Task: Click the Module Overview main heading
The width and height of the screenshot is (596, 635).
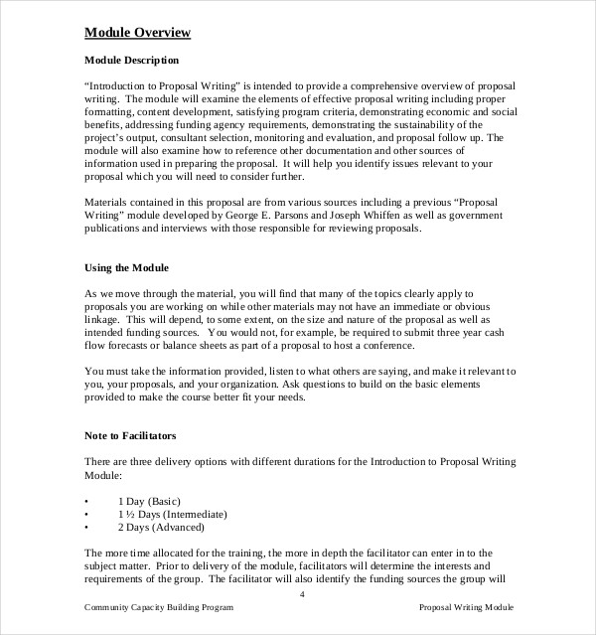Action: (x=137, y=33)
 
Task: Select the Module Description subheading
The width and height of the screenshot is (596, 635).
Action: (x=132, y=60)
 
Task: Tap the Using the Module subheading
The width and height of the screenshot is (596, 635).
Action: (x=127, y=268)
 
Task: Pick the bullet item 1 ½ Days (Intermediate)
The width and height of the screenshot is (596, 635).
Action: (x=186, y=514)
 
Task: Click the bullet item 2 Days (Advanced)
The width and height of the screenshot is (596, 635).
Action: (x=173, y=529)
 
